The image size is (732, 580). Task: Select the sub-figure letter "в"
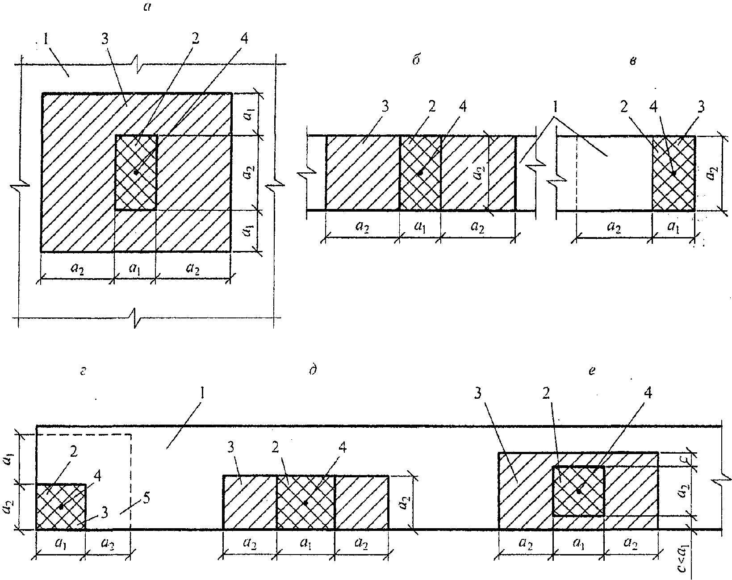point(632,61)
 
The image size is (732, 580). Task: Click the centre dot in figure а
point(136,172)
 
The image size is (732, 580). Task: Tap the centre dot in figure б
point(419,172)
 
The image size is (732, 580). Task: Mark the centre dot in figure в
point(673,173)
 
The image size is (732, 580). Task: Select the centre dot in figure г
point(61,507)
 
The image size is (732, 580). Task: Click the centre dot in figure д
point(305,503)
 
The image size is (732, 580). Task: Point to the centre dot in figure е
point(578,491)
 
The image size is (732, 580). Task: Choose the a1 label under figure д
point(305,543)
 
